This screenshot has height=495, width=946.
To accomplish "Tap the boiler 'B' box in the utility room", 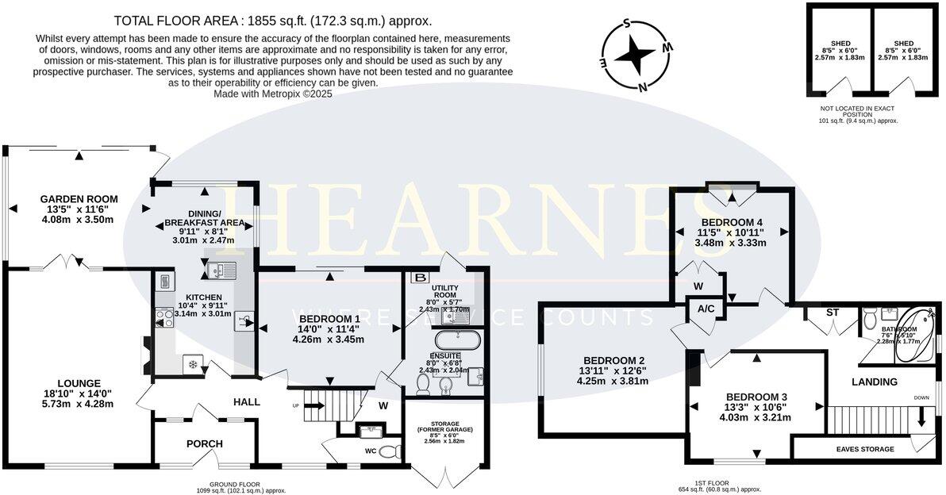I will [417, 278].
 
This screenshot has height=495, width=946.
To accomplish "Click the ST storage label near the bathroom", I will [832, 313].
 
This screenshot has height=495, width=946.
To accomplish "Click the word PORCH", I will [205, 443].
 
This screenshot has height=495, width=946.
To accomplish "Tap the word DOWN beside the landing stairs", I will [921, 398].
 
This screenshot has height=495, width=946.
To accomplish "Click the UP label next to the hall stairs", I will [297, 405].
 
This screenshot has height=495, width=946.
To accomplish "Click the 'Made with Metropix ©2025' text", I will [273, 93].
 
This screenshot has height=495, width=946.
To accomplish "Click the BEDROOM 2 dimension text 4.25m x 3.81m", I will [613, 381].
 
